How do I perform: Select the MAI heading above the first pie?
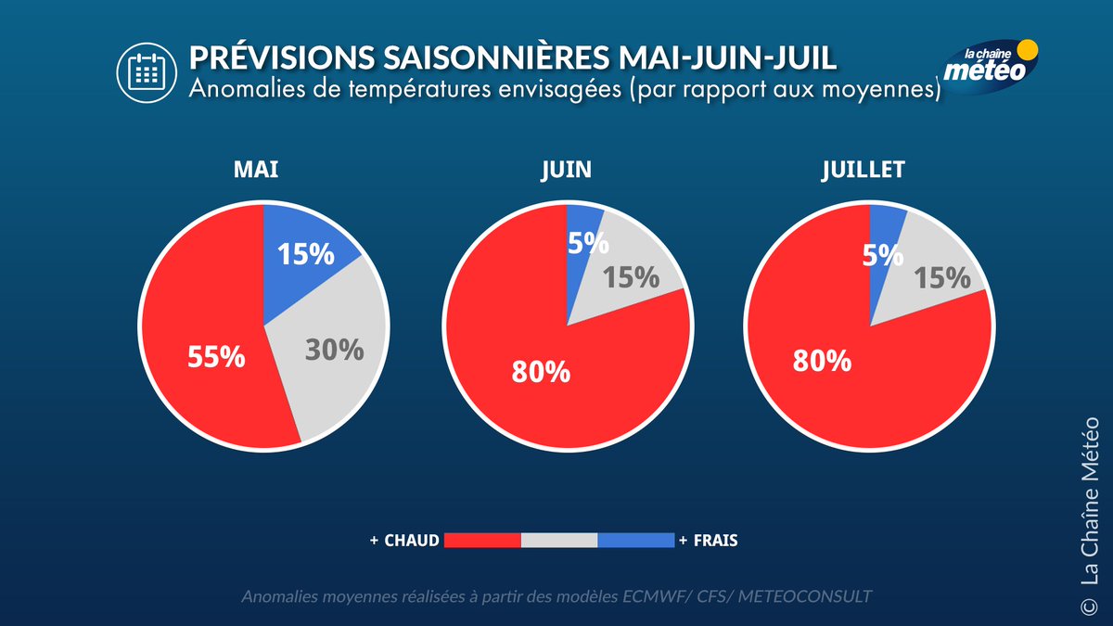pyautogui.click(x=256, y=171)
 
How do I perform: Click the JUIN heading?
pyautogui.click(x=566, y=171)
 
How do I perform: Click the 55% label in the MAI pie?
pyautogui.click(x=216, y=356)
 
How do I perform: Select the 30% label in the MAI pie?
pyautogui.click(x=334, y=349)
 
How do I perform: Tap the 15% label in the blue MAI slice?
pyautogui.click(x=306, y=254)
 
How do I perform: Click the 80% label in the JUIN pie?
pyautogui.click(x=541, y=371)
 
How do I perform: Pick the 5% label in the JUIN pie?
pyautogui.click(x=589, y=243)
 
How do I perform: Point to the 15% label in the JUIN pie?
pyautogui.click(x=632, y=276)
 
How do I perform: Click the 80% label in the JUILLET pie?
pyautogui.click(x=822, y=361)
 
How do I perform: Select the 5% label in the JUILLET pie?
pyautogui.click(x=883, y=254)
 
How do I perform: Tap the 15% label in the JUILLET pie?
pyautogui.click(x=942, y=276)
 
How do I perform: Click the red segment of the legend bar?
pyautogui.click(x=482, y=540)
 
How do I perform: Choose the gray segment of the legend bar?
pyautogui.click(x=559, y=540)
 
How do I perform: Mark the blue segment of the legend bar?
pyautogui.click(x=635, y=540)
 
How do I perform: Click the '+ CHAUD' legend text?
pyautogui.click(x=403, y=540)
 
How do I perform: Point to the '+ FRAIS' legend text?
pyautogui.click(x=709, y=540)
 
